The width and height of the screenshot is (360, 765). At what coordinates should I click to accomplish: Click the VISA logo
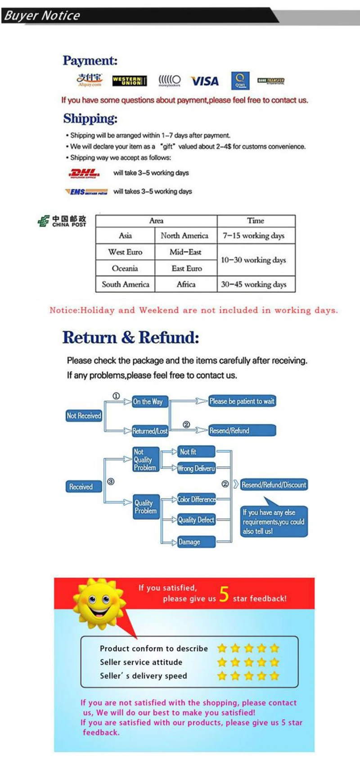[205, 81]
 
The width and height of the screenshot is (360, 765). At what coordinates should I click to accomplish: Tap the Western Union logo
[129, 81]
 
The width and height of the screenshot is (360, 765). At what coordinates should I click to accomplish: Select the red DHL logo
[84, 173]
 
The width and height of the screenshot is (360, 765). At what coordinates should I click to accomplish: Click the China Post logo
[62, 221]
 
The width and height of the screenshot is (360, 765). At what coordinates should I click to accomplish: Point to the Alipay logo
[90, 80]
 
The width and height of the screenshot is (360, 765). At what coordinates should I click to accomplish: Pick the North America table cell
[184, 235]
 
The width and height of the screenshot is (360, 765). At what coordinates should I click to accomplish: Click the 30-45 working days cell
[254, 284]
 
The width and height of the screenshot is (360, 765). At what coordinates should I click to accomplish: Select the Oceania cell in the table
[125, 268]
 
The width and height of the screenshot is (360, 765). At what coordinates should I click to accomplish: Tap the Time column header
[256, 220]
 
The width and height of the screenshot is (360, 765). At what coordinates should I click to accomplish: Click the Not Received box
[84, 416]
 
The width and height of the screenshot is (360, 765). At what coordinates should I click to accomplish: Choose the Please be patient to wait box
[242, 401]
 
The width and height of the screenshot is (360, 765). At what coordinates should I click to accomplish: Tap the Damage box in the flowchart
[195, 542]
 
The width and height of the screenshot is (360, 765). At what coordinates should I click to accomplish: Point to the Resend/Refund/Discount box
[274, 485]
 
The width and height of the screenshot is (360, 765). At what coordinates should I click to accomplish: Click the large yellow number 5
[224, 594]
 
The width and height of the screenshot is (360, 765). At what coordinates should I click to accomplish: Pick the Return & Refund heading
[130, 337]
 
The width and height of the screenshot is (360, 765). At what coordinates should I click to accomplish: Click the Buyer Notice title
[42, 16]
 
